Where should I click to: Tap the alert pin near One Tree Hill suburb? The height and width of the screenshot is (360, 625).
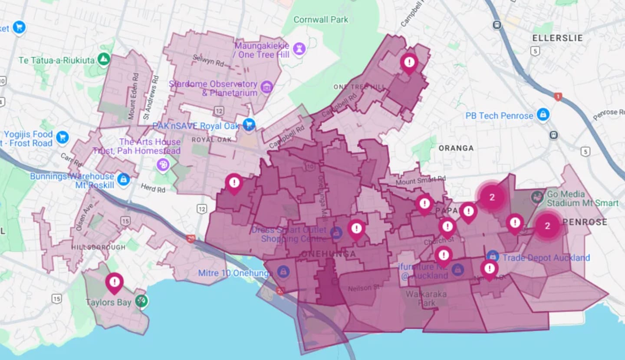(x=409, y=62)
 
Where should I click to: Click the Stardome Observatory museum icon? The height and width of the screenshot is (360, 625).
(x=266, y=88)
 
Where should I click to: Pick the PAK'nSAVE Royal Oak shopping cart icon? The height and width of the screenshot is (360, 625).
(x=249, y=126)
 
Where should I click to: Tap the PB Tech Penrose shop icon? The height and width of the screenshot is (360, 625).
(x=543, y=116)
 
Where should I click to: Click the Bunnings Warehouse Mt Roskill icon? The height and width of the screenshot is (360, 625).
(x=124, y=179)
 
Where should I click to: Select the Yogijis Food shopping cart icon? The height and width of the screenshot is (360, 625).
(x=62, y=138)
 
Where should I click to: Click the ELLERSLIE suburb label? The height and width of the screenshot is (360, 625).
(x=557, y=38)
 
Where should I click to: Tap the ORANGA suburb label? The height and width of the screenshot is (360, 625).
(x=456, y=148)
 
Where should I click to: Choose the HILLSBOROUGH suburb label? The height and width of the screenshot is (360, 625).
(x=99, y=247)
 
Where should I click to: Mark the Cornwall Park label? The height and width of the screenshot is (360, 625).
(x=321, y=20)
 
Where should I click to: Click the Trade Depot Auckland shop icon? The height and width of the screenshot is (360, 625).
(x=493, y=256)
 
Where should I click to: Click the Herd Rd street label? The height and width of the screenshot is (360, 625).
(x=153, y=189)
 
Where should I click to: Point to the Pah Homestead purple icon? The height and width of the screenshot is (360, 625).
(x=163, y=165)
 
